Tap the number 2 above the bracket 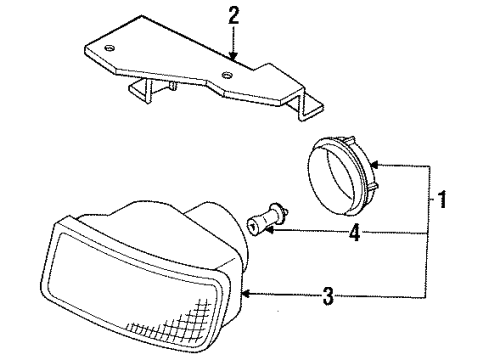234,16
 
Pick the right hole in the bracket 231,75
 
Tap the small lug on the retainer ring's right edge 368,187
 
